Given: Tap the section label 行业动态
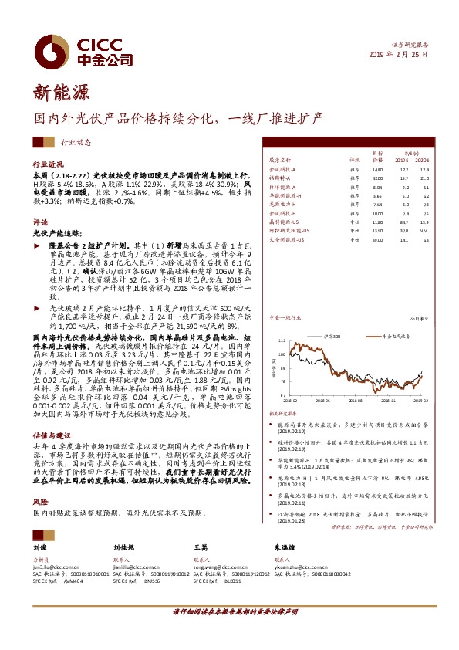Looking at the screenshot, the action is click(76, 142).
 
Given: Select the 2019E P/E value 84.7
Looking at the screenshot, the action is click(403, 222).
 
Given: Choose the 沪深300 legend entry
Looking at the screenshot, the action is click(333, 337).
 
